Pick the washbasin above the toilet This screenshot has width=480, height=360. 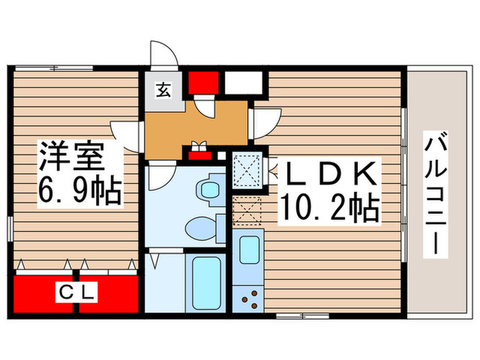point(206,188)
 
